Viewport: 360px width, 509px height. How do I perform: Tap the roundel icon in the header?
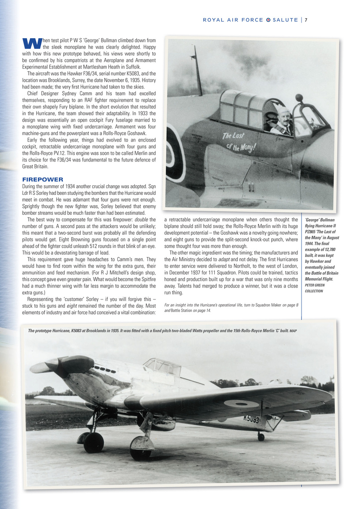click(x=268, y=20)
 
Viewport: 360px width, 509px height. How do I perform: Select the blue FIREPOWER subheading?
click(x=43, y=180)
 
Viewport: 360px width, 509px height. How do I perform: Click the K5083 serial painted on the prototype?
click(x=251, y=419)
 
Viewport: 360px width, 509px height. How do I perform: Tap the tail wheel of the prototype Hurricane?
click(x=261, y=437)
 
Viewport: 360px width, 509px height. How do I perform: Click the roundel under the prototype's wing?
click(x=241, y=404)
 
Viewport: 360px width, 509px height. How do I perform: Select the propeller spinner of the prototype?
click(x=39, y=366)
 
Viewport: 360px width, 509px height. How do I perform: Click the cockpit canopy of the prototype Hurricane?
click(x=162, y=365)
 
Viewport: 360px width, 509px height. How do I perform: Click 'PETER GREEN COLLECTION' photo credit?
click(x=314, y=288)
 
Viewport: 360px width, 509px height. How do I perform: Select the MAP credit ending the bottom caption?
click(x=293, y=331)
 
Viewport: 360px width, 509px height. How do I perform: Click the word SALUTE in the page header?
click(x=285, y=20)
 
